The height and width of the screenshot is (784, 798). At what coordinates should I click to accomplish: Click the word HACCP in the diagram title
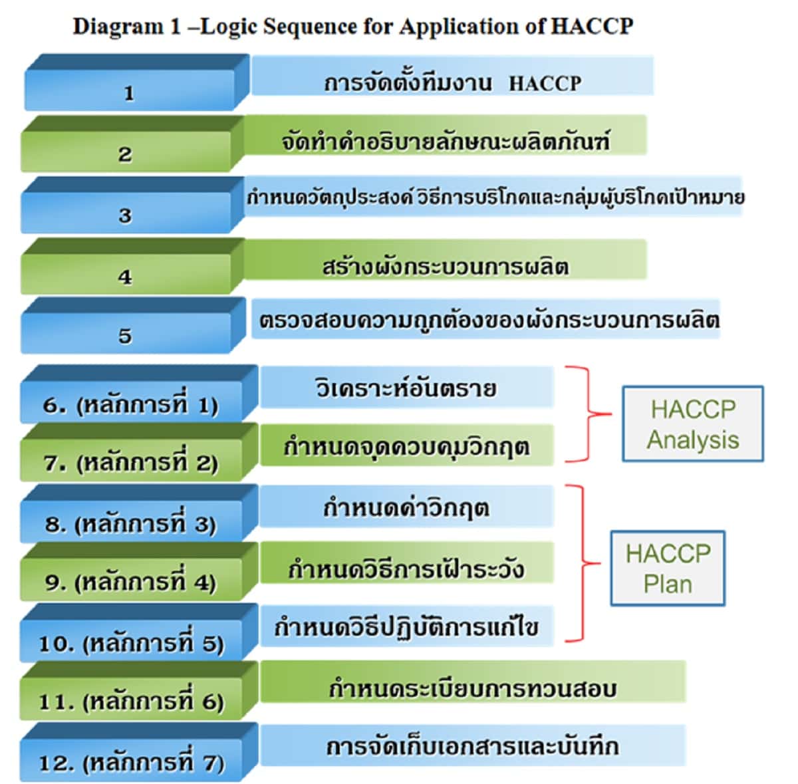coord(592,26)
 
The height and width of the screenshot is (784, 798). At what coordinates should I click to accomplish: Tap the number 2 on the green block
coord(125,155)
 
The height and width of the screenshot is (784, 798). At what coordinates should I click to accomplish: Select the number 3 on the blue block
coord(125,215)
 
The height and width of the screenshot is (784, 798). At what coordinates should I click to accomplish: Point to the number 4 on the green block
coord(125,277)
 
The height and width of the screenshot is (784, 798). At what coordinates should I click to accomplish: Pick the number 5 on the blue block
coord(125,336)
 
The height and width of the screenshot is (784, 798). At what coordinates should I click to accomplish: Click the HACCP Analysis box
coord(692,424)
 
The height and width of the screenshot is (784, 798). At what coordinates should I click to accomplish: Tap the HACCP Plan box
coord(668,569)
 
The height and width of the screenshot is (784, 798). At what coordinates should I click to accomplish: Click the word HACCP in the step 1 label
coord(545,84)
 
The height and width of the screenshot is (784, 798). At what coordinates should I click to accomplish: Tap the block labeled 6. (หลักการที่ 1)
coord(131,405)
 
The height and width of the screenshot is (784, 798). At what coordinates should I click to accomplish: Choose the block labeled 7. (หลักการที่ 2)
coord(131,463)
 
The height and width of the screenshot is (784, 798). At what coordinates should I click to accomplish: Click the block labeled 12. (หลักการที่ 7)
coord(131,762)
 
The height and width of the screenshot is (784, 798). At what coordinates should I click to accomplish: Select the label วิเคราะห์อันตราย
coord(406,388)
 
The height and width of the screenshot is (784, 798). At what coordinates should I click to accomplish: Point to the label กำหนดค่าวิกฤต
coord(406,509)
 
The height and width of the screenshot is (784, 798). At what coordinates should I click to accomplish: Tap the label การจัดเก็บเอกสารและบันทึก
coord(472,746)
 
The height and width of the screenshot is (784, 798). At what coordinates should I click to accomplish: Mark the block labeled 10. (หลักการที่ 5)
coord(131,643)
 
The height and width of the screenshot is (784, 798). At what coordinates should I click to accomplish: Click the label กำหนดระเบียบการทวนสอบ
coord(472,688)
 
